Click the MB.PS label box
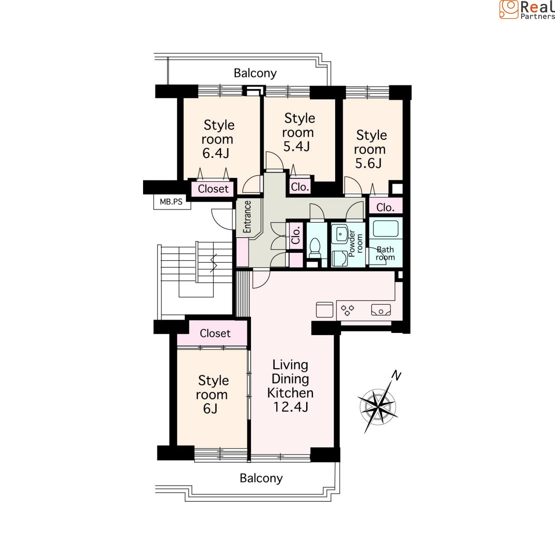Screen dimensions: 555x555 click(x=172, y=202)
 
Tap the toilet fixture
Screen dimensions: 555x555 click(x=315, y=248)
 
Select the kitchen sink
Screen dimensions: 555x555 click(x=381, y=310)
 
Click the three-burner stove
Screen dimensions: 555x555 click(x=347, y=310)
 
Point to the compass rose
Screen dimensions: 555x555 click(x=378, y=406)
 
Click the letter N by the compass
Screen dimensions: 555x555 click(x=397, y=375)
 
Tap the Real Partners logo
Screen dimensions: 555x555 click(x=527, y=10)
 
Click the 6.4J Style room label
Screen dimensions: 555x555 click(x=218, y=139)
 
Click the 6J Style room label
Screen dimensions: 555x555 click(x=212, y=394)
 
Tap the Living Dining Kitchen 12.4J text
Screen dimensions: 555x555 click(x=291, y=385)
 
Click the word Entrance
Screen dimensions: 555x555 click(x=247, y=217)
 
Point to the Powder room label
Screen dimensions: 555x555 click(x=356, y=243)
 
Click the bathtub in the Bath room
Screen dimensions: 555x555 click(x=386, y=228)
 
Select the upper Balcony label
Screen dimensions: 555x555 click(x=255, y=73)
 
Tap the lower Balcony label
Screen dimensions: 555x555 click(x=261, y=478)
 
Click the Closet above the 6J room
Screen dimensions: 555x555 click(x=215, y=333)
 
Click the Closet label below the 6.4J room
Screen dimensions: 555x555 click(x=213, y=189)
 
